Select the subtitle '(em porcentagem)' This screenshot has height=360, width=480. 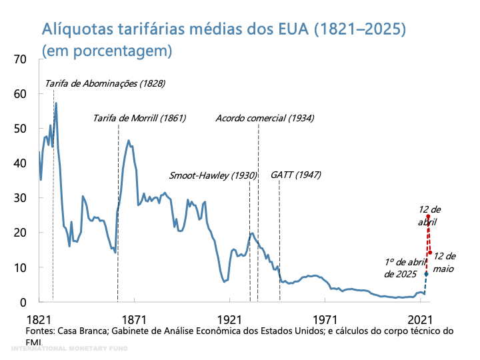[107, 50]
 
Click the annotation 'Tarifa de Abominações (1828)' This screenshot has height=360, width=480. [105, 84]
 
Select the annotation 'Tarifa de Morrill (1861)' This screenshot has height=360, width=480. [139, 119]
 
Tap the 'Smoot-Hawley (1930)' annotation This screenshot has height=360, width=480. [213, 176]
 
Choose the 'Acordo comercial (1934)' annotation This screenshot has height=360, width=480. [265, 119]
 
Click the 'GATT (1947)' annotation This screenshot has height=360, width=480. [296, 175]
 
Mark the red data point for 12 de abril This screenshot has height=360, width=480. [428, 216]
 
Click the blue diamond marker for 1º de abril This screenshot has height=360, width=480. [426, 273]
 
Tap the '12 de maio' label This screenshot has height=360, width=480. [443, 261]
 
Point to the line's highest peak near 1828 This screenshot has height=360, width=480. [56, 103]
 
